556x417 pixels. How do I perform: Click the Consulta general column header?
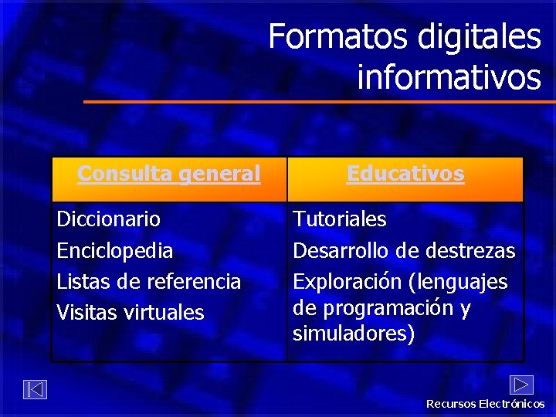click(169, 174)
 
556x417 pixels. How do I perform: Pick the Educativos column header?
click(405, 174)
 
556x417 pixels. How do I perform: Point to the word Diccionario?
click(109, 219)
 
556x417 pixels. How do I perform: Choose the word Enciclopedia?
click(115, 250)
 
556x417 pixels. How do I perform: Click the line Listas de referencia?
click(149, 282)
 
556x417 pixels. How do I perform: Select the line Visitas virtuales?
click(131, 313)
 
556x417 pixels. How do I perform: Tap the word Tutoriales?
click(339, 219)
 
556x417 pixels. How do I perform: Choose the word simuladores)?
click(354, 334)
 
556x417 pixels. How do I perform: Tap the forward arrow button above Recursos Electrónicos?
click(522, 384)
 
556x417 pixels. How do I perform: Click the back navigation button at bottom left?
click(34, 389)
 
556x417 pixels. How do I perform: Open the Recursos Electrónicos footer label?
click(485, 404)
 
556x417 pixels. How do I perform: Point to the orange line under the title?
click(319, 101)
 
